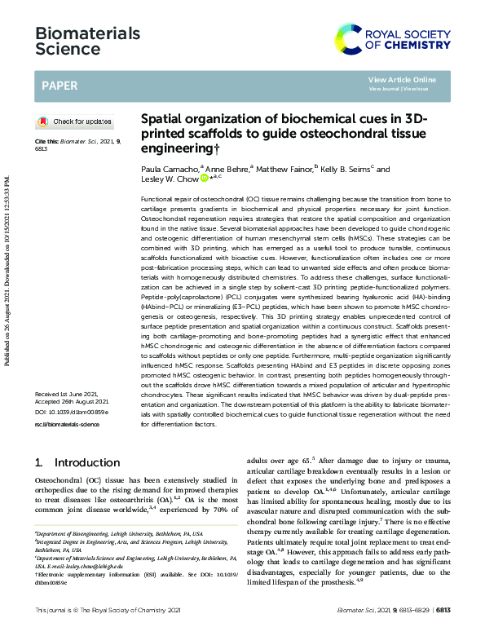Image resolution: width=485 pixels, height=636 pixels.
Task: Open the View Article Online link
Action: click(x=402, y=79)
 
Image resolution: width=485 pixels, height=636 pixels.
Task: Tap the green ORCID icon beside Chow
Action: click(x=205, y=179)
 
